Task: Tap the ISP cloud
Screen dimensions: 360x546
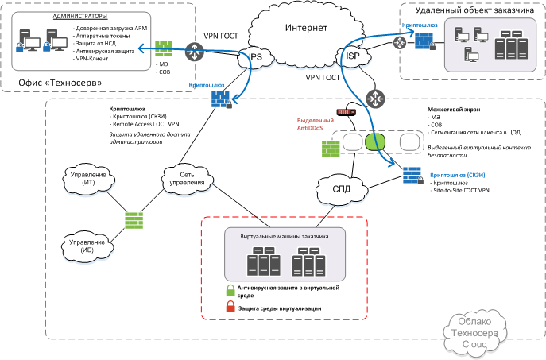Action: point(353,56)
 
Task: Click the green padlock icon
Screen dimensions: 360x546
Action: point(230,289)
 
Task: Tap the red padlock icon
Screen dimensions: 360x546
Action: point(230,307)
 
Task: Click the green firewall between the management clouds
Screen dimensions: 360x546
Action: point(133,218)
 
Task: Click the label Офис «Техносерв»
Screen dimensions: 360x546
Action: point(49,83)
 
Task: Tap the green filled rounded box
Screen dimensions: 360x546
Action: point(375,142)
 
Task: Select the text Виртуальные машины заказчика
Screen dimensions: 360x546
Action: point(284,236)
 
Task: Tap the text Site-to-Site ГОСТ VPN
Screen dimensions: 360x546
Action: point(460,192)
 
